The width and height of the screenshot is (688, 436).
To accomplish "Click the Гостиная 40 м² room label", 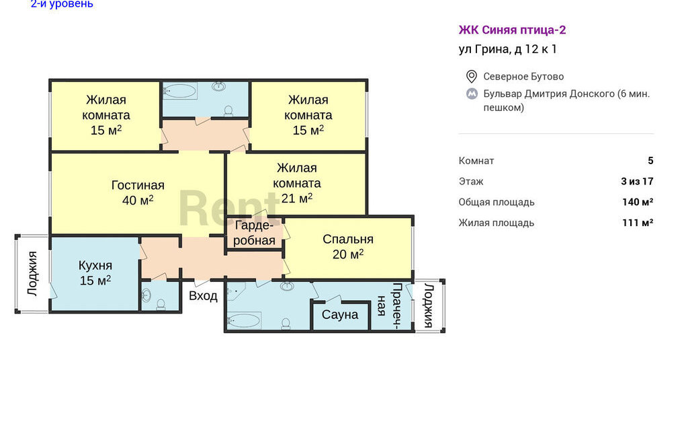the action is click(x=138, y=192).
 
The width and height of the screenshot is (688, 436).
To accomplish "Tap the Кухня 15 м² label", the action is click(x=95, y=272).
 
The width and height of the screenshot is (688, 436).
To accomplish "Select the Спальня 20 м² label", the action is click(x=348, y=246).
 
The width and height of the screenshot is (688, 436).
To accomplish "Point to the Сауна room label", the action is click(x=339, y=315).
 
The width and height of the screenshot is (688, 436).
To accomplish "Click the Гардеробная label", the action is click(x=254, y=233).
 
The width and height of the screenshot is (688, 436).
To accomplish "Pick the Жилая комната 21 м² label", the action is click(x=297, y=183).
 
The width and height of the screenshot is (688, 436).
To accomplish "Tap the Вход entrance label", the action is click(x=203, y=296).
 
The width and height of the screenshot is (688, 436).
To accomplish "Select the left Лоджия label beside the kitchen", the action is click(x=32, y=273).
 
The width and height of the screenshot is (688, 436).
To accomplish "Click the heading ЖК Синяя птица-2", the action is click(x=512, y=30).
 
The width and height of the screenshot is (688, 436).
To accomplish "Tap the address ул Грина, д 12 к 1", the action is click(x=508, y=49).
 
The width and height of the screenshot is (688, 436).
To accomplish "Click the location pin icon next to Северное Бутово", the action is click(x=471, y=77).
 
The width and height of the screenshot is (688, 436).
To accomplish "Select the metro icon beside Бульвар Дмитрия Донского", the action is click(x=472, y=94).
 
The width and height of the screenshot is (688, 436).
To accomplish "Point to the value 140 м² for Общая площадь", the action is click(x=638, y=202).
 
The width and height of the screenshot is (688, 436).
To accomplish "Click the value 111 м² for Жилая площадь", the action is click(x=638, y=223).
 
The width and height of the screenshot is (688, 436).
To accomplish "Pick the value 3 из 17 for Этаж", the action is click(x=637, y=182).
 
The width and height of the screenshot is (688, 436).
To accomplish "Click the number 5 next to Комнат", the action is click(x=650, y=161).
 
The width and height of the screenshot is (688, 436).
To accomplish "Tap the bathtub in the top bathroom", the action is click(x=180, y=91).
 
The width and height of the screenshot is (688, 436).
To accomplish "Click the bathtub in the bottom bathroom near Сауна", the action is click(x=243, y=321).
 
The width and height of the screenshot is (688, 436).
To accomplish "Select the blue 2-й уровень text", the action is click(x=62, y=4).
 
